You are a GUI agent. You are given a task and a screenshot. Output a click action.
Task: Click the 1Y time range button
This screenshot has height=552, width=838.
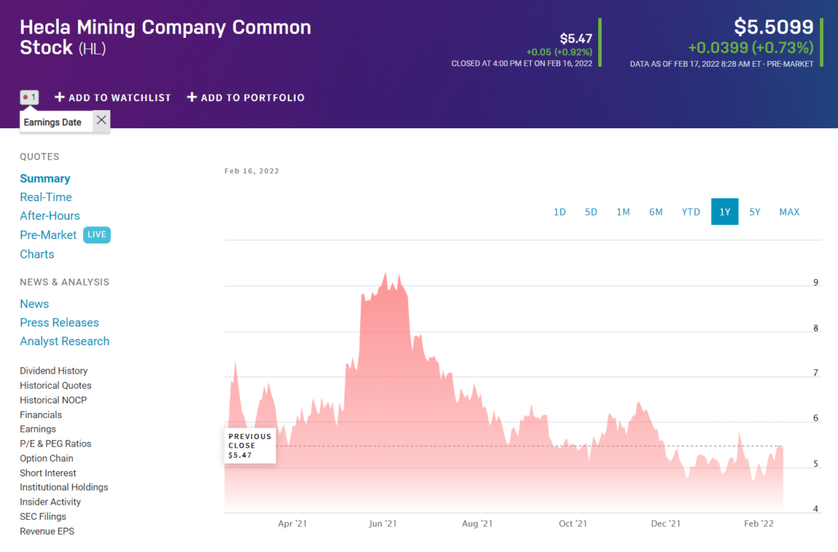coord(724,212)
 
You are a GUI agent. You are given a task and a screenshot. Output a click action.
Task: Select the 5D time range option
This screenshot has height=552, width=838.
coord(591,212)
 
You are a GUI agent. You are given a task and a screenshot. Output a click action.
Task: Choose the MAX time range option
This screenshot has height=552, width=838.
coord(789,212)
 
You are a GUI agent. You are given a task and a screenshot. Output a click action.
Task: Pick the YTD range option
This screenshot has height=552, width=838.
coord(690,212)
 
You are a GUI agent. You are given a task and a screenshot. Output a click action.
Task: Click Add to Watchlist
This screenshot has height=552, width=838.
coord(113,97)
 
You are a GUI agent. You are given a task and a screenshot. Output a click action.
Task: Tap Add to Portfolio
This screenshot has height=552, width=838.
coord(246,97)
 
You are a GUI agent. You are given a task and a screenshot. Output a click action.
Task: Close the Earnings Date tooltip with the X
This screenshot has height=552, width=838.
coord(102,120)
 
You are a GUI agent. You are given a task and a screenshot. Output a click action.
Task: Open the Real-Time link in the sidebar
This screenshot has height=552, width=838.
coord(46,197)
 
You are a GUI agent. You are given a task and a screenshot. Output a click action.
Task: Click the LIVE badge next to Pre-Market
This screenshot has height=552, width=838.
coord(97,235)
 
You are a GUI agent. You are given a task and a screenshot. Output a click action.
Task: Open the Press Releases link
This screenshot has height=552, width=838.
coord(59,323)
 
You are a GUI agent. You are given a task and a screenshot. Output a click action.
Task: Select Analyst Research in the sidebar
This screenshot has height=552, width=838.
coord(64,342)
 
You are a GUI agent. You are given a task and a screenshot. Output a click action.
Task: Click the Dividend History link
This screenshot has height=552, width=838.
coord(54,371)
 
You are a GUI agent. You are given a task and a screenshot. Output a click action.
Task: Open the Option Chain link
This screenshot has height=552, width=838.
coord(47,458)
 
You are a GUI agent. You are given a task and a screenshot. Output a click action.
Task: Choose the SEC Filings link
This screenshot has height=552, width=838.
coord(43,516)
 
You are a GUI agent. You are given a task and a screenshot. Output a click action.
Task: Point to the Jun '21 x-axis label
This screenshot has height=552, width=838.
coord(382,524)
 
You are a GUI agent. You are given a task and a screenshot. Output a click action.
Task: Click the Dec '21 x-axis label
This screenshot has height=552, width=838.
coord(665,524)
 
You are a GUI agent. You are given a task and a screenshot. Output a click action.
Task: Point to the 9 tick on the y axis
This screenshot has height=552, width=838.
coord(816,283)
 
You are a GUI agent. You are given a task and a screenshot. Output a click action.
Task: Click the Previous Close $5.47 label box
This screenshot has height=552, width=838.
coord(250,445)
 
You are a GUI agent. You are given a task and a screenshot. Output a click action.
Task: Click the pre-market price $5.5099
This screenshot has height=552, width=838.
coord(774,27)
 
